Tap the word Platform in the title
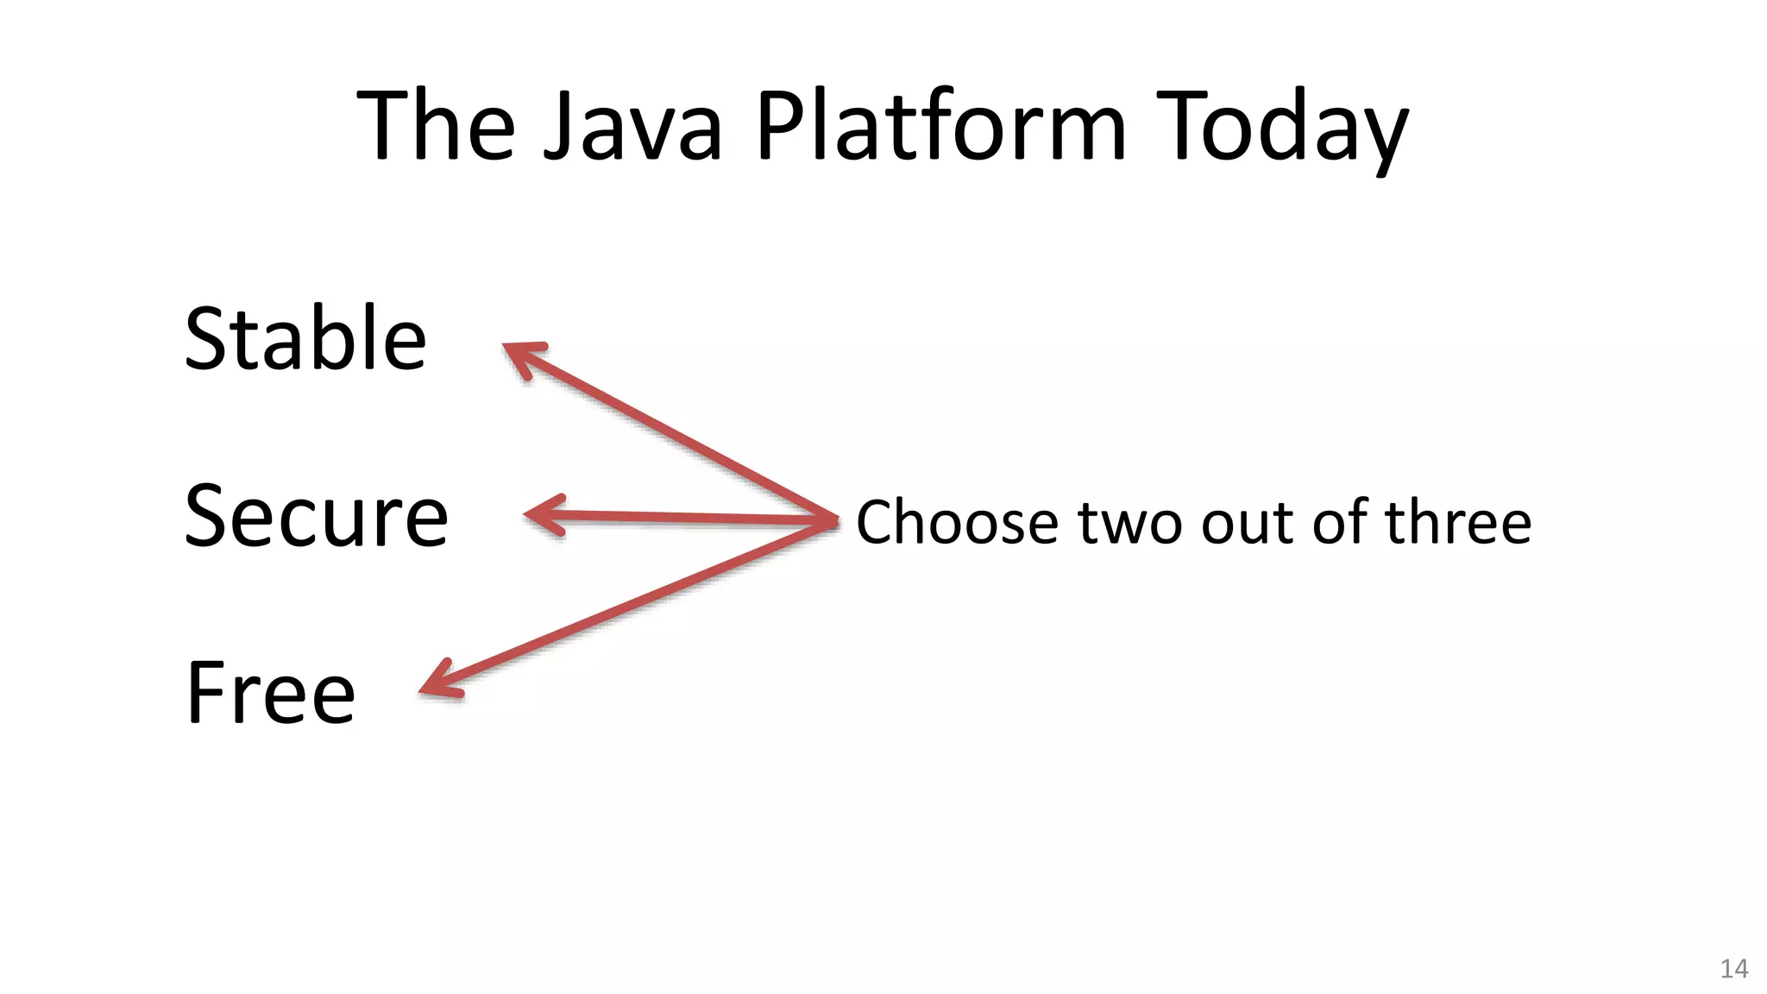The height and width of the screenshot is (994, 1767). point(941,127)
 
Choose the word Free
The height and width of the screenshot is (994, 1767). point(270,693)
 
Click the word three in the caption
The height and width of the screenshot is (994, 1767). point(1458,523)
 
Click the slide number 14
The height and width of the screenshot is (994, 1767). point(1734,968)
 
